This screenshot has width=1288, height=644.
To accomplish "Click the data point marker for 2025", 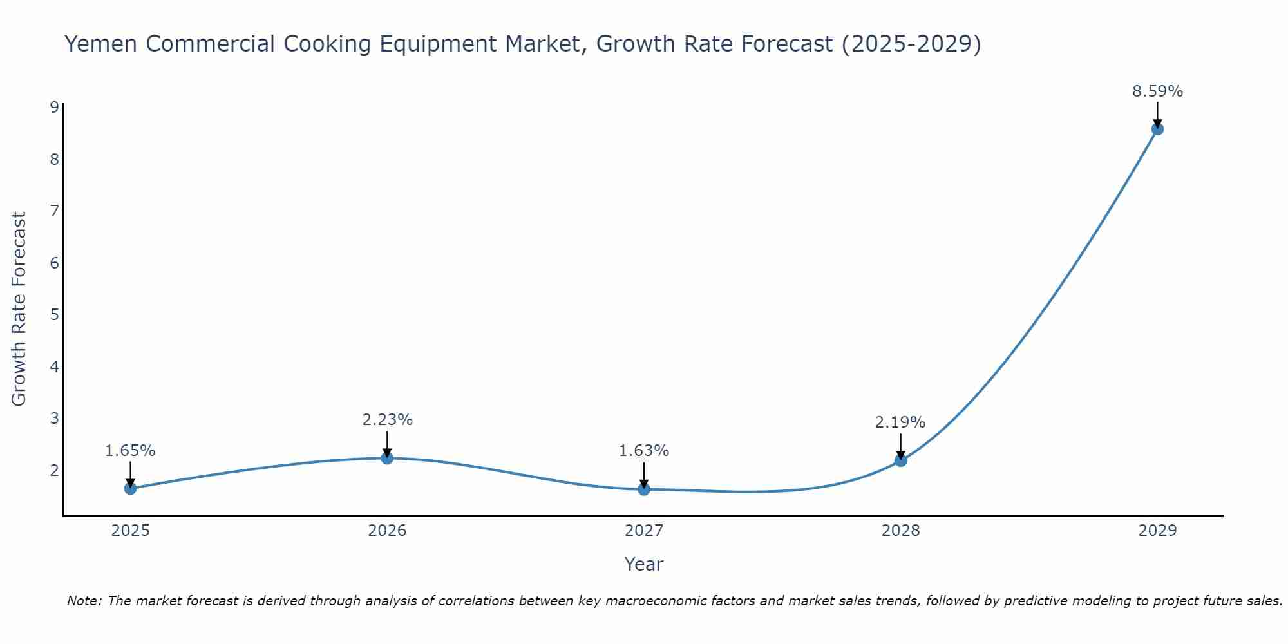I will click(130, 488).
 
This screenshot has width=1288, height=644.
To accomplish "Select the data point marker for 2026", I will click(387, 458).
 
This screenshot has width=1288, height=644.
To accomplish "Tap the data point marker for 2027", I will click(644, 489).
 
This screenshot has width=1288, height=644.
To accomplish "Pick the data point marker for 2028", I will click(900, 460).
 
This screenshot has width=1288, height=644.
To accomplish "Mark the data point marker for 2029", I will click(1157, 129).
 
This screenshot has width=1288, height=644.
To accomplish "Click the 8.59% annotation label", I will click(1157, 91).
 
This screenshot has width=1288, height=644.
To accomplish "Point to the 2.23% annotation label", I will click(387, 420).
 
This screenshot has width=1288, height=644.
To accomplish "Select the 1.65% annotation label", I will click(130, 451).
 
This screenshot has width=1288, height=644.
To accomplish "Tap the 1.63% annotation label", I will click(644, 451).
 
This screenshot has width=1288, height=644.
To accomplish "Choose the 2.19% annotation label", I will click(900, 422).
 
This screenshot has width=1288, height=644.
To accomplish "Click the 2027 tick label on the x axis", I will click(644, 531).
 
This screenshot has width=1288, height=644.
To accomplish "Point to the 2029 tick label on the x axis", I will click(1157, 531).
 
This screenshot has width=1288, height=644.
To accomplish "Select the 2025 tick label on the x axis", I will click(130, 531).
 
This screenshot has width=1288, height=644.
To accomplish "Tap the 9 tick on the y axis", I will click(54, 107).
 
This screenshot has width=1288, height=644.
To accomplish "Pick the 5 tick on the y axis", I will click(54, 314).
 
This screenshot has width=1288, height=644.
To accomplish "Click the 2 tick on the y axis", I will click(54, 470).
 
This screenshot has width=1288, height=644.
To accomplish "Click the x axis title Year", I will click(644, 564).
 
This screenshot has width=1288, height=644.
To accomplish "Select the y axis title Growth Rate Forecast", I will click(19, 309).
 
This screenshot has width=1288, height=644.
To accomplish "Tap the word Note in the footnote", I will click(84, 601).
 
